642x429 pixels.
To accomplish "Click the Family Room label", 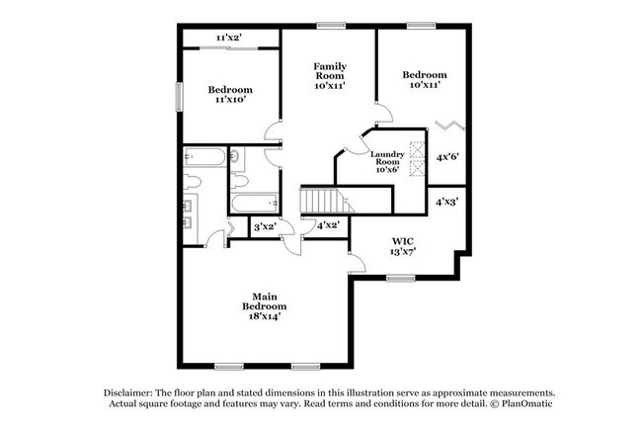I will (330, 76).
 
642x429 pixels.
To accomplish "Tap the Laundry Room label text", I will (385, 161).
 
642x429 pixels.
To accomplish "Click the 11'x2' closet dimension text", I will (229, 38).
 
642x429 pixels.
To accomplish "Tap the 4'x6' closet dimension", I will (448, 156).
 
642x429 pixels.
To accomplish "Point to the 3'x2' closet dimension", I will (265, 227).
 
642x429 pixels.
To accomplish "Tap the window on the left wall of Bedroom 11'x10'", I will (179, 97).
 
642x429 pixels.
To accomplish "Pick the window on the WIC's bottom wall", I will (399, 278).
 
